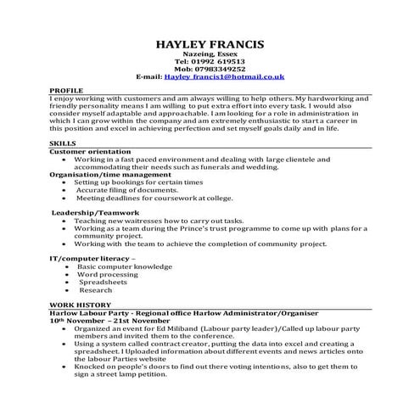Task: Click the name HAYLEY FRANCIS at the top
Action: coord(210,44)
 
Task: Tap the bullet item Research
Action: coord(95,289)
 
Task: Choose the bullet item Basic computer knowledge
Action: coord(123,266)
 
